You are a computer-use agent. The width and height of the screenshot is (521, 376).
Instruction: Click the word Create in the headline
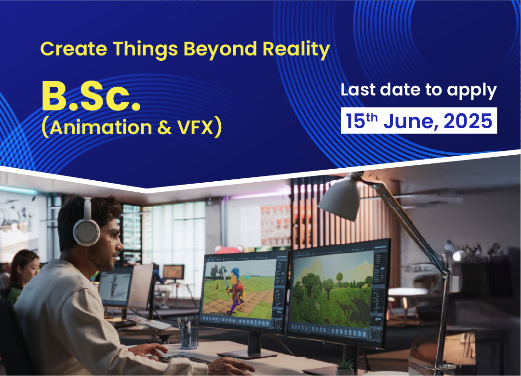coord(73,49)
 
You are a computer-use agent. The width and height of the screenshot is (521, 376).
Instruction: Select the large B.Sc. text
coord(92,96)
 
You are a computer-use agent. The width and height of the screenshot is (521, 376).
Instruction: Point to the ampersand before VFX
coord(165,128)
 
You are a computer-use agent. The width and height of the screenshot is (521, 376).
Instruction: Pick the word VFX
coord(195,127)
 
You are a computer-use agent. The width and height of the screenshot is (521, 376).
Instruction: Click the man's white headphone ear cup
coord(86,232)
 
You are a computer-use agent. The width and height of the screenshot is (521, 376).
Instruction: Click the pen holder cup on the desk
coord(189,336)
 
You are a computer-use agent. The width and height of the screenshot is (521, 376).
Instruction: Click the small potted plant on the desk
coord(345,366)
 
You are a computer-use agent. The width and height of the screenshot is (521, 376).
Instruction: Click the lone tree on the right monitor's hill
coord(339,279)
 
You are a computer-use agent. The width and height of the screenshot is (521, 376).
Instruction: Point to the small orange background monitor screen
coord(174,272)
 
